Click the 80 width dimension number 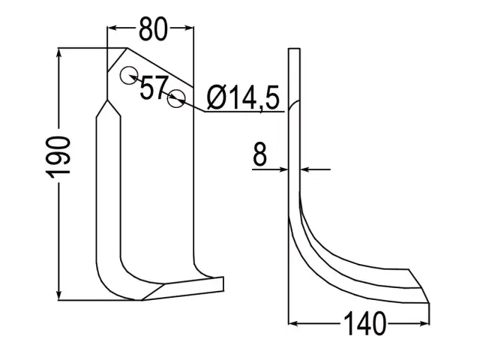point(153,29)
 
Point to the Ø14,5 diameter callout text point(243,97)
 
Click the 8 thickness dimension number point(260,154)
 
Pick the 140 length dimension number point(364,323)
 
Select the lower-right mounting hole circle point(176,98)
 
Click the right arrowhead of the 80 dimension point(188,28)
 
